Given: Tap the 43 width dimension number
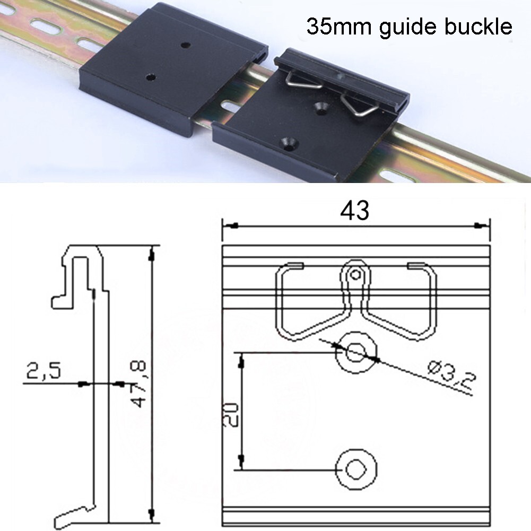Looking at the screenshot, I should pos(355,211).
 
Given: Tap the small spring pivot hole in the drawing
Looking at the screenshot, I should pos(355,274).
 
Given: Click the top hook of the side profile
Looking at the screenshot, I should pos(82,255).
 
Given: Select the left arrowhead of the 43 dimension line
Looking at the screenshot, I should pos(232,225).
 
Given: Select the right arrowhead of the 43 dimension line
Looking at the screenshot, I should pos(480,225).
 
